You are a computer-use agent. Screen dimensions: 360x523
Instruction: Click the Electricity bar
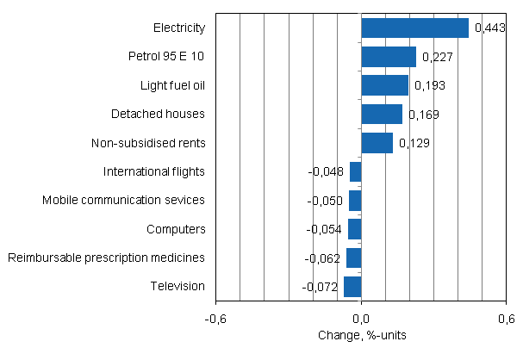click(414, 28)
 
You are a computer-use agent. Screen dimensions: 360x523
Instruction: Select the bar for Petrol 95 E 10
click(389, 57)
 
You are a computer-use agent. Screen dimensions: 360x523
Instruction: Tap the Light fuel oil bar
click(384, 85)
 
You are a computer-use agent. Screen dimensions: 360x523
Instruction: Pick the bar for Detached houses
click(382, 114)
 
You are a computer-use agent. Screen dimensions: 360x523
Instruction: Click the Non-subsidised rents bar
click(377, 143)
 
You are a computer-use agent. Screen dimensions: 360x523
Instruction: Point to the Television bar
click(352, 287)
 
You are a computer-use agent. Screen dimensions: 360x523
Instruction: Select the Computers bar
click(354, 229)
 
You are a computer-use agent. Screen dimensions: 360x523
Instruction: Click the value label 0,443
click(490, 28)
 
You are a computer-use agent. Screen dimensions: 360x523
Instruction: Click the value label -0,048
click(327, 171)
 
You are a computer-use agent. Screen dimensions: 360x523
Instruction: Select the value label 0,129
click(414, 143)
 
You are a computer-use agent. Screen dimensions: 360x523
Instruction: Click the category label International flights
click(153, 171)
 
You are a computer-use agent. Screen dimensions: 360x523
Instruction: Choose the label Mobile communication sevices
click(123, 200)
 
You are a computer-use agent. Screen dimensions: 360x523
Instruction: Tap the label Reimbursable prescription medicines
click(106, 258)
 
